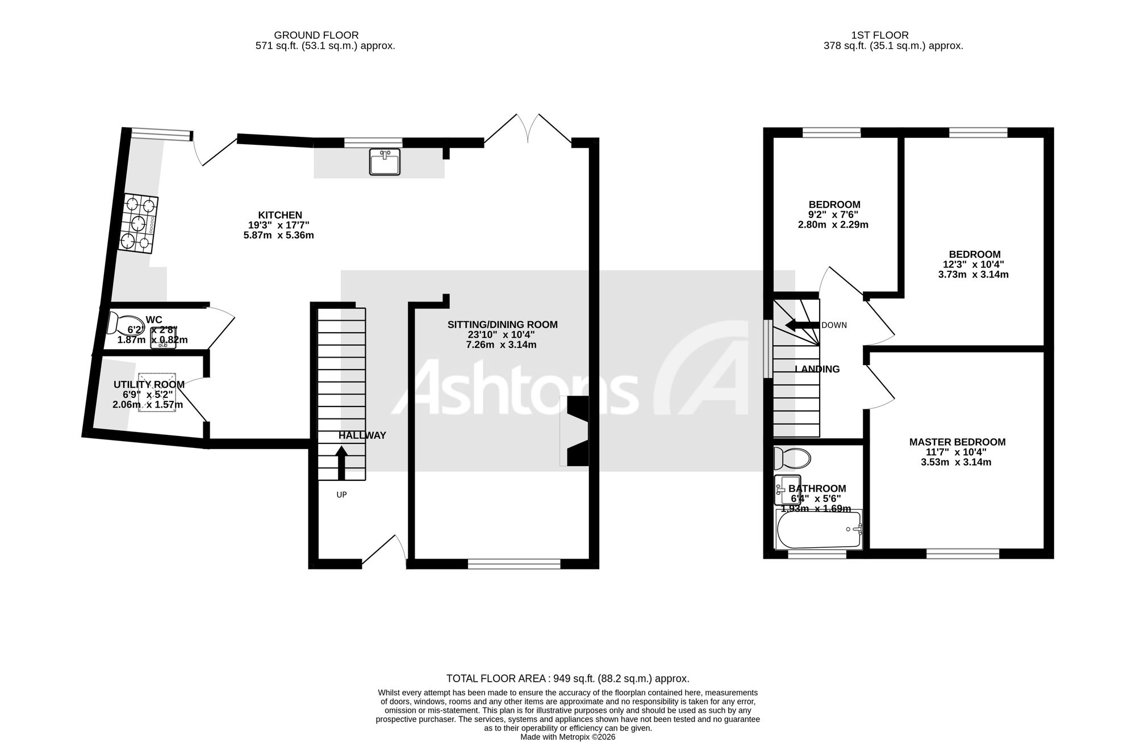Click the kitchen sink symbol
[x=385, y=161]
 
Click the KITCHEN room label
[x=280, y=215]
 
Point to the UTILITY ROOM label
[x=149, y=385]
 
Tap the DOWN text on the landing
[x=834, y=325]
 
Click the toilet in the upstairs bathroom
[x=792, y=457]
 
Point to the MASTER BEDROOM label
[x=957, y=442]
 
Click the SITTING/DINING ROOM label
[x=503, y=325]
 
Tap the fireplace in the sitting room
[x=574, y=431]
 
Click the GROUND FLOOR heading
[x=316, y=35]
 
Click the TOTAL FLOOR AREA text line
[x=568, y=678]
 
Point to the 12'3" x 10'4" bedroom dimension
[x=973, y=265]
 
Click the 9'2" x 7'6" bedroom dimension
[x=833, y=215]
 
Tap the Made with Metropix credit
[x=568, y=737]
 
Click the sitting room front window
[x=514, y=564]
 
